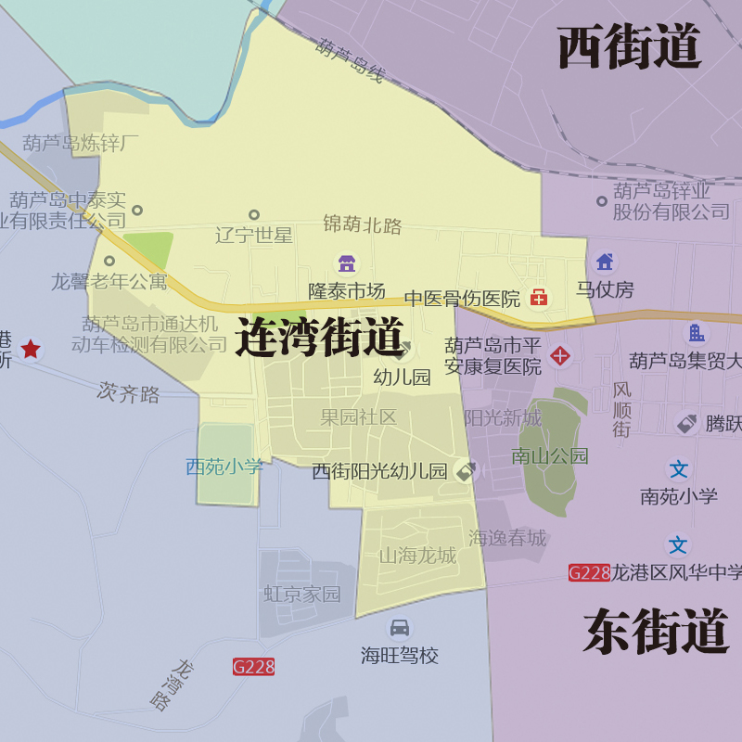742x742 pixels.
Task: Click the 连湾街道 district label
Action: [320, 337]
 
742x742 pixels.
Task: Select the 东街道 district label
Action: [656, 633]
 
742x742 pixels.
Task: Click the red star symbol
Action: [32, 349]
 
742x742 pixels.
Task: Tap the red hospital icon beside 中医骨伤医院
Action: [539, 298]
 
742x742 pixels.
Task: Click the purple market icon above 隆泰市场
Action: [346, 263]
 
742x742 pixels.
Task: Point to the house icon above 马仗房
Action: [605, 262]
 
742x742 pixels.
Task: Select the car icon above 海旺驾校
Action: [400, 628]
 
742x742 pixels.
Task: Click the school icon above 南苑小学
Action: [679, 469]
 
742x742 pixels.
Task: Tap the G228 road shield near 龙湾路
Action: [253, 666]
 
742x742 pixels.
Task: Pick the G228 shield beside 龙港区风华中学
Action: [589, 572]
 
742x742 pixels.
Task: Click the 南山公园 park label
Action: [550, 456]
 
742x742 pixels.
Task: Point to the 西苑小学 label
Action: [224, 467]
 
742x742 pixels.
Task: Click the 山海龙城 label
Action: [417, 556]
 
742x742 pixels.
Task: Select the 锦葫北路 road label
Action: [363, 224]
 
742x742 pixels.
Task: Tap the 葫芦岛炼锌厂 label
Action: [81, 144]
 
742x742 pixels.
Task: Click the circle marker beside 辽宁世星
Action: [254, 215]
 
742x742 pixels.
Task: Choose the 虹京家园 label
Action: [302, 594]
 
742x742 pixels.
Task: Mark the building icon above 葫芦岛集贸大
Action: [695, 333]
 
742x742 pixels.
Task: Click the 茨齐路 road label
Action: [128, 393]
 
